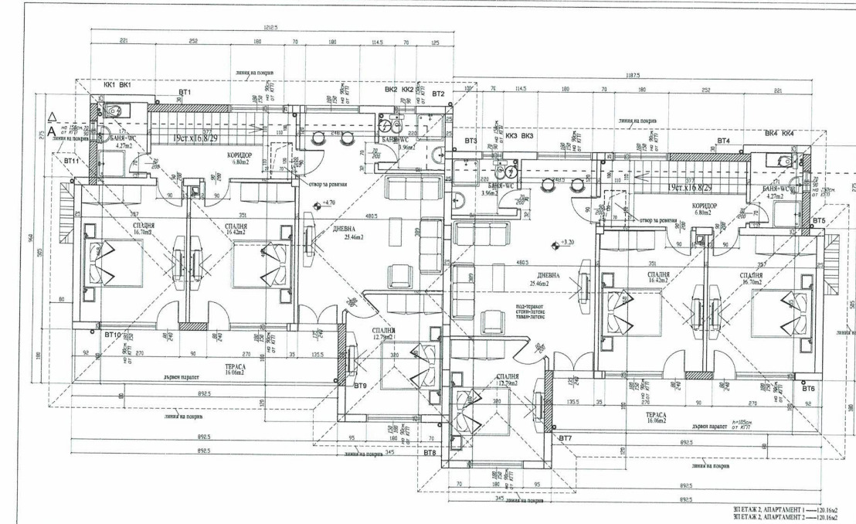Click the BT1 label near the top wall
[x=185, y=93]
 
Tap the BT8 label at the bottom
[x=430, y=454]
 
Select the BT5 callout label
[x=819, y=221]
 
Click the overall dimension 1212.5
[x=270, y=28]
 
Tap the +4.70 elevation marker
[x=328, y=202]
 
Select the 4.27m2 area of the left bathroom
[x=124, y=145]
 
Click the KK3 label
[x=511, y=135]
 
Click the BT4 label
[x=723, y=141]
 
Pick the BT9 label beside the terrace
[x=360, y=385]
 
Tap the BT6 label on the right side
[x=809, y=388]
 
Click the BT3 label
[x=470, y=141]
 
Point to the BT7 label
[x=565, y=439]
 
